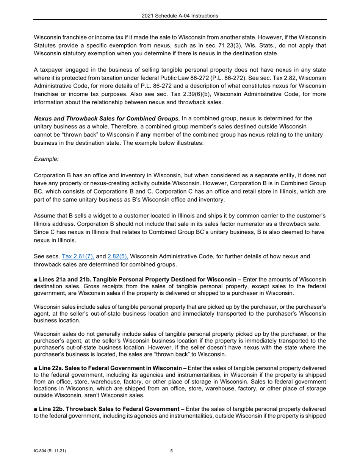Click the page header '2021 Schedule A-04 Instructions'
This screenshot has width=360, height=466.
(180, 16)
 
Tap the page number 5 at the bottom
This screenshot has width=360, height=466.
(172, 451)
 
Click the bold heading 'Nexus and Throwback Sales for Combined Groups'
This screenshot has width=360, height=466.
(107, 118)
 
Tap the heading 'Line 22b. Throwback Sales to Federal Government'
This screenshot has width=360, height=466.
(111, 409)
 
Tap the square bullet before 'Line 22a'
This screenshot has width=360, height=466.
(36, 368)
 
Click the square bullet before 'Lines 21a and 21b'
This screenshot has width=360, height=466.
(36, 280)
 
